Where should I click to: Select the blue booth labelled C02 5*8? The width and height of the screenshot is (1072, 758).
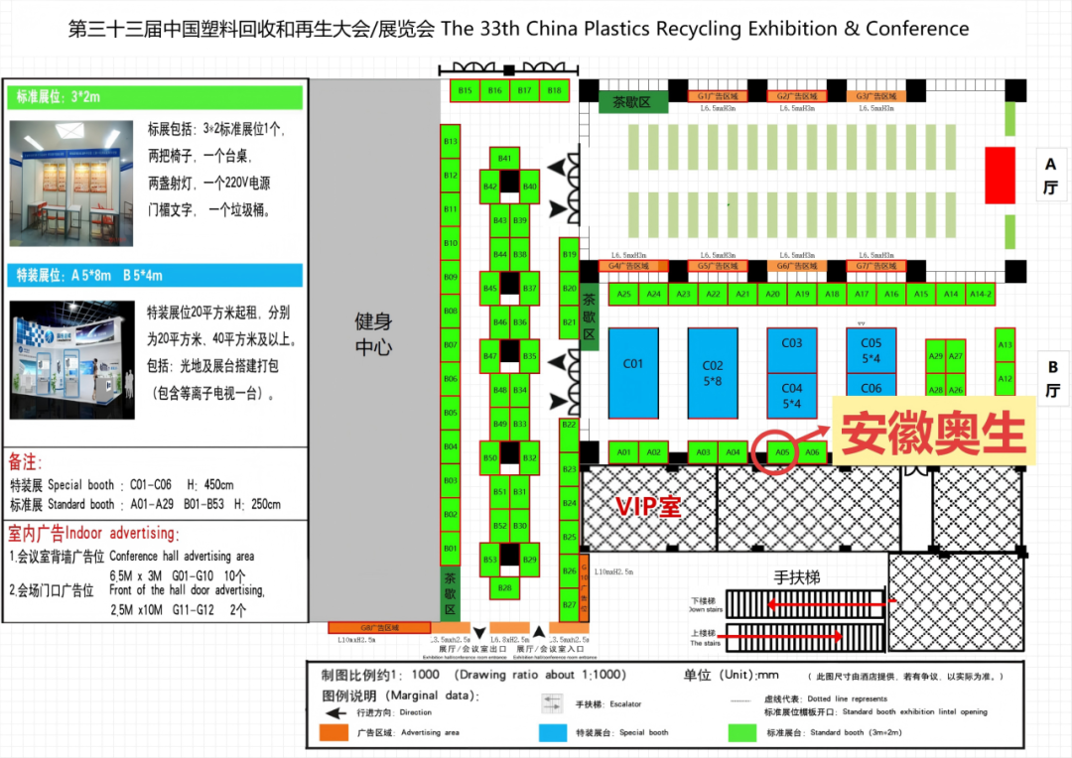[x=713, y=372]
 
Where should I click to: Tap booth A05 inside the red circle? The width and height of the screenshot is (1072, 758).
[x=782, y=452]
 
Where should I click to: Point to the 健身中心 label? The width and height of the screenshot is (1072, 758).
[x=374, y=334]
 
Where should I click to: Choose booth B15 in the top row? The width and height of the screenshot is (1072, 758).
[x=465, y=90]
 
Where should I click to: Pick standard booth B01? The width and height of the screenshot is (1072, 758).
[x=451, y=548]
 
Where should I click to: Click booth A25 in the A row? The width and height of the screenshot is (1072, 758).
[x=623, y=294]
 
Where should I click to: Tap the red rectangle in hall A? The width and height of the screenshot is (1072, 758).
[x=1000, y=176]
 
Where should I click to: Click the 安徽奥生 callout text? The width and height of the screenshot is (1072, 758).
[x=933, y=434]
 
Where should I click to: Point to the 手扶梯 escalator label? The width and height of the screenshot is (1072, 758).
[x=797, y=577]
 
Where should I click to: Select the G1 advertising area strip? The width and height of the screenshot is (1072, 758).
[x=719, y=96]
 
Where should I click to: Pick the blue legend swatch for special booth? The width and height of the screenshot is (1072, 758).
[x=554, y=733]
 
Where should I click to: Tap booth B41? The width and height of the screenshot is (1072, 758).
[x=504, y=159]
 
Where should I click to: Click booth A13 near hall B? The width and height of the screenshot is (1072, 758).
[x=1005, y=344]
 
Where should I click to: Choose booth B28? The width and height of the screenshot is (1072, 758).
[x=504, y=588]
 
